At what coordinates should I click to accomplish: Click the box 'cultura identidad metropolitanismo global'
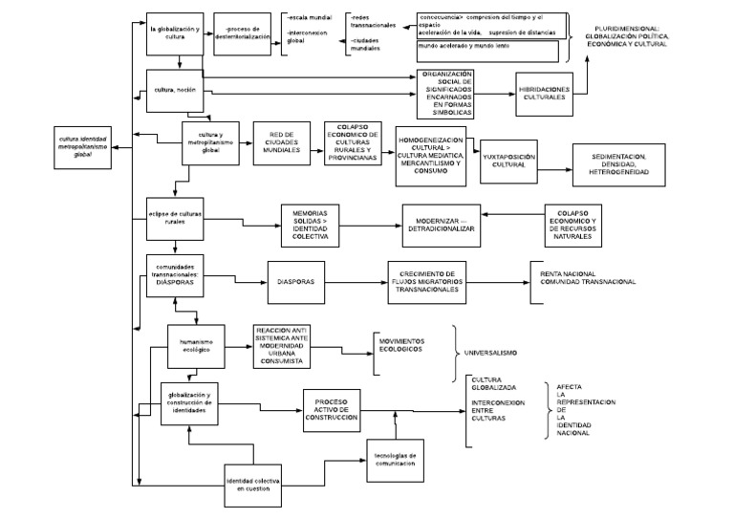click(82, 145)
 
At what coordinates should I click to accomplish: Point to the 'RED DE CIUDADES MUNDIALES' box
click(280, 144)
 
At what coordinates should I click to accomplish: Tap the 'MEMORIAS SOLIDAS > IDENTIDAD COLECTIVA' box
click(311, 227)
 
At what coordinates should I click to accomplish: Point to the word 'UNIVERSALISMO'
click(490, 353)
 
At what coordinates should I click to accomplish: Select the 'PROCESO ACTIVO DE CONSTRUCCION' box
click(331, 410)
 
